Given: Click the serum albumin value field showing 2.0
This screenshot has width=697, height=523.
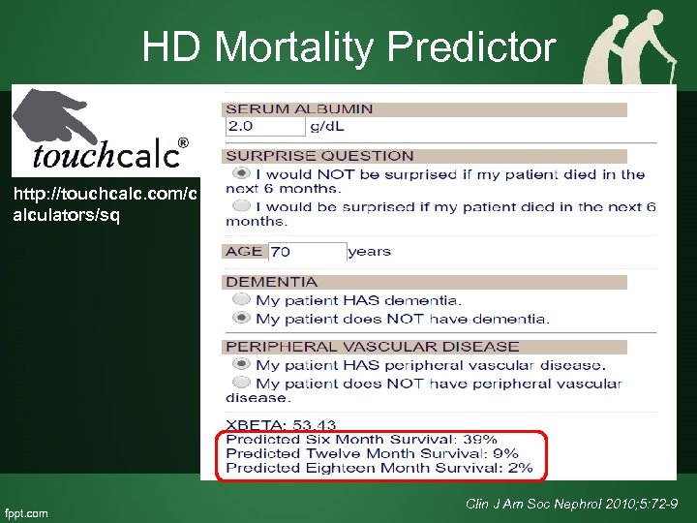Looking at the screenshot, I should (264, 127).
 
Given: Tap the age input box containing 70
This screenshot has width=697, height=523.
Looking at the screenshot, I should (306, 252).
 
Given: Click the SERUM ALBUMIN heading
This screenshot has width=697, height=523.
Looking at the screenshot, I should (299, 109).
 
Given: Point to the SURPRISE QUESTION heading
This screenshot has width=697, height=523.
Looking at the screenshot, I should (319, 156).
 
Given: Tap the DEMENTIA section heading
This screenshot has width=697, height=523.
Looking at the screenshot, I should (271, 282).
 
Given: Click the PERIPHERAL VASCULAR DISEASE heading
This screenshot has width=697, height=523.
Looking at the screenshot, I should (372, 347).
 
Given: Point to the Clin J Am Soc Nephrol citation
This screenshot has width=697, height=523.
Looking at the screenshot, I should (570, 505).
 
